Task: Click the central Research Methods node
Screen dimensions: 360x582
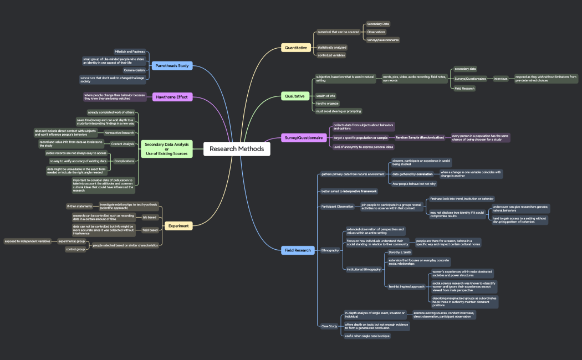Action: pos(237,148)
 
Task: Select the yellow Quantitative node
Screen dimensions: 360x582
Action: pos(295,48)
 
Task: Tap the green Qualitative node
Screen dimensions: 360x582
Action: pos(295,96)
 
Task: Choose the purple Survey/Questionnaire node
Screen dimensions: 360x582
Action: pos(304,138)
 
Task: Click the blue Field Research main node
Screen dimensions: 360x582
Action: pos(298,250)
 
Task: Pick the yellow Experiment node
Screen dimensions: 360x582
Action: pos(178,226)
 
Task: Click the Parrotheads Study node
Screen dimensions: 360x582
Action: pos(172,66)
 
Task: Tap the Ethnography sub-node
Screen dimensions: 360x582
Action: pos(330,250)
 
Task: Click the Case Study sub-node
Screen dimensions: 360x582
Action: pos(329,326)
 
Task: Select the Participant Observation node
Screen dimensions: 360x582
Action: pos(337,207)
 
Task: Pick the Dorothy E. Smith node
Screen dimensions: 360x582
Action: pos(400,252)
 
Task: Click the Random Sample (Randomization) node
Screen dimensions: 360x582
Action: pos(419,137)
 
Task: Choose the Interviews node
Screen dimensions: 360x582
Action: pos(501,79)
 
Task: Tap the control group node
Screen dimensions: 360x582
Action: pos(75,249)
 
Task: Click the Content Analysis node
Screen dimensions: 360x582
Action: pos(122,144)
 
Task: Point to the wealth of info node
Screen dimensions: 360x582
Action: pos(325,96)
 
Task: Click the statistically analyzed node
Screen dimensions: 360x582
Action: pos(331,48)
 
